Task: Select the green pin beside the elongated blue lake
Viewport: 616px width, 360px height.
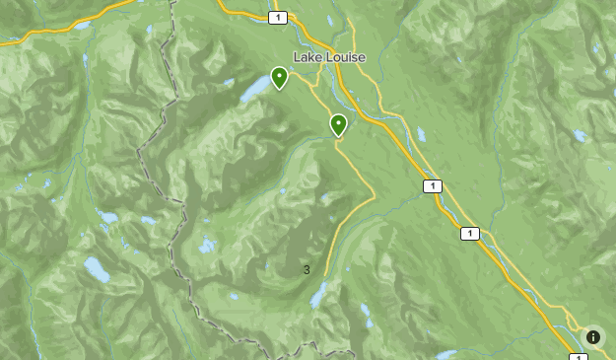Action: (x=279, y=76)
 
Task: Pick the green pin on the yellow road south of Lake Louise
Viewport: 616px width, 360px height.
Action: (x=338, y=123)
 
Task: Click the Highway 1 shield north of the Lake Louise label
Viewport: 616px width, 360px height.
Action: (x=280, y=18)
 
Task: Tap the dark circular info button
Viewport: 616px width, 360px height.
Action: (x=593, y=337)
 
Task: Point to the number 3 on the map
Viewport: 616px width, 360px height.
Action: (x=307, y=269)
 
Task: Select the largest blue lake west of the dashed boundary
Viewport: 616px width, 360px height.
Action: (x=97, y=268)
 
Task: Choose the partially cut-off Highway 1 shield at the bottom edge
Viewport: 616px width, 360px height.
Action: (x=576, y=356)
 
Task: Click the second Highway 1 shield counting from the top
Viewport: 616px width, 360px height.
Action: (x=432, y=185)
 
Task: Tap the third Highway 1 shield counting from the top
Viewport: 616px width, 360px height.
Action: (x=469, y=233)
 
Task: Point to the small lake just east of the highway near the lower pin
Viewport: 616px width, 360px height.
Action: (x=421, y=133)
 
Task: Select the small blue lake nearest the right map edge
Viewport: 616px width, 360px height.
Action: (x=580, y=136)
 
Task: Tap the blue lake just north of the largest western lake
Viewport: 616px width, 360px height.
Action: (x=106, y=217)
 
